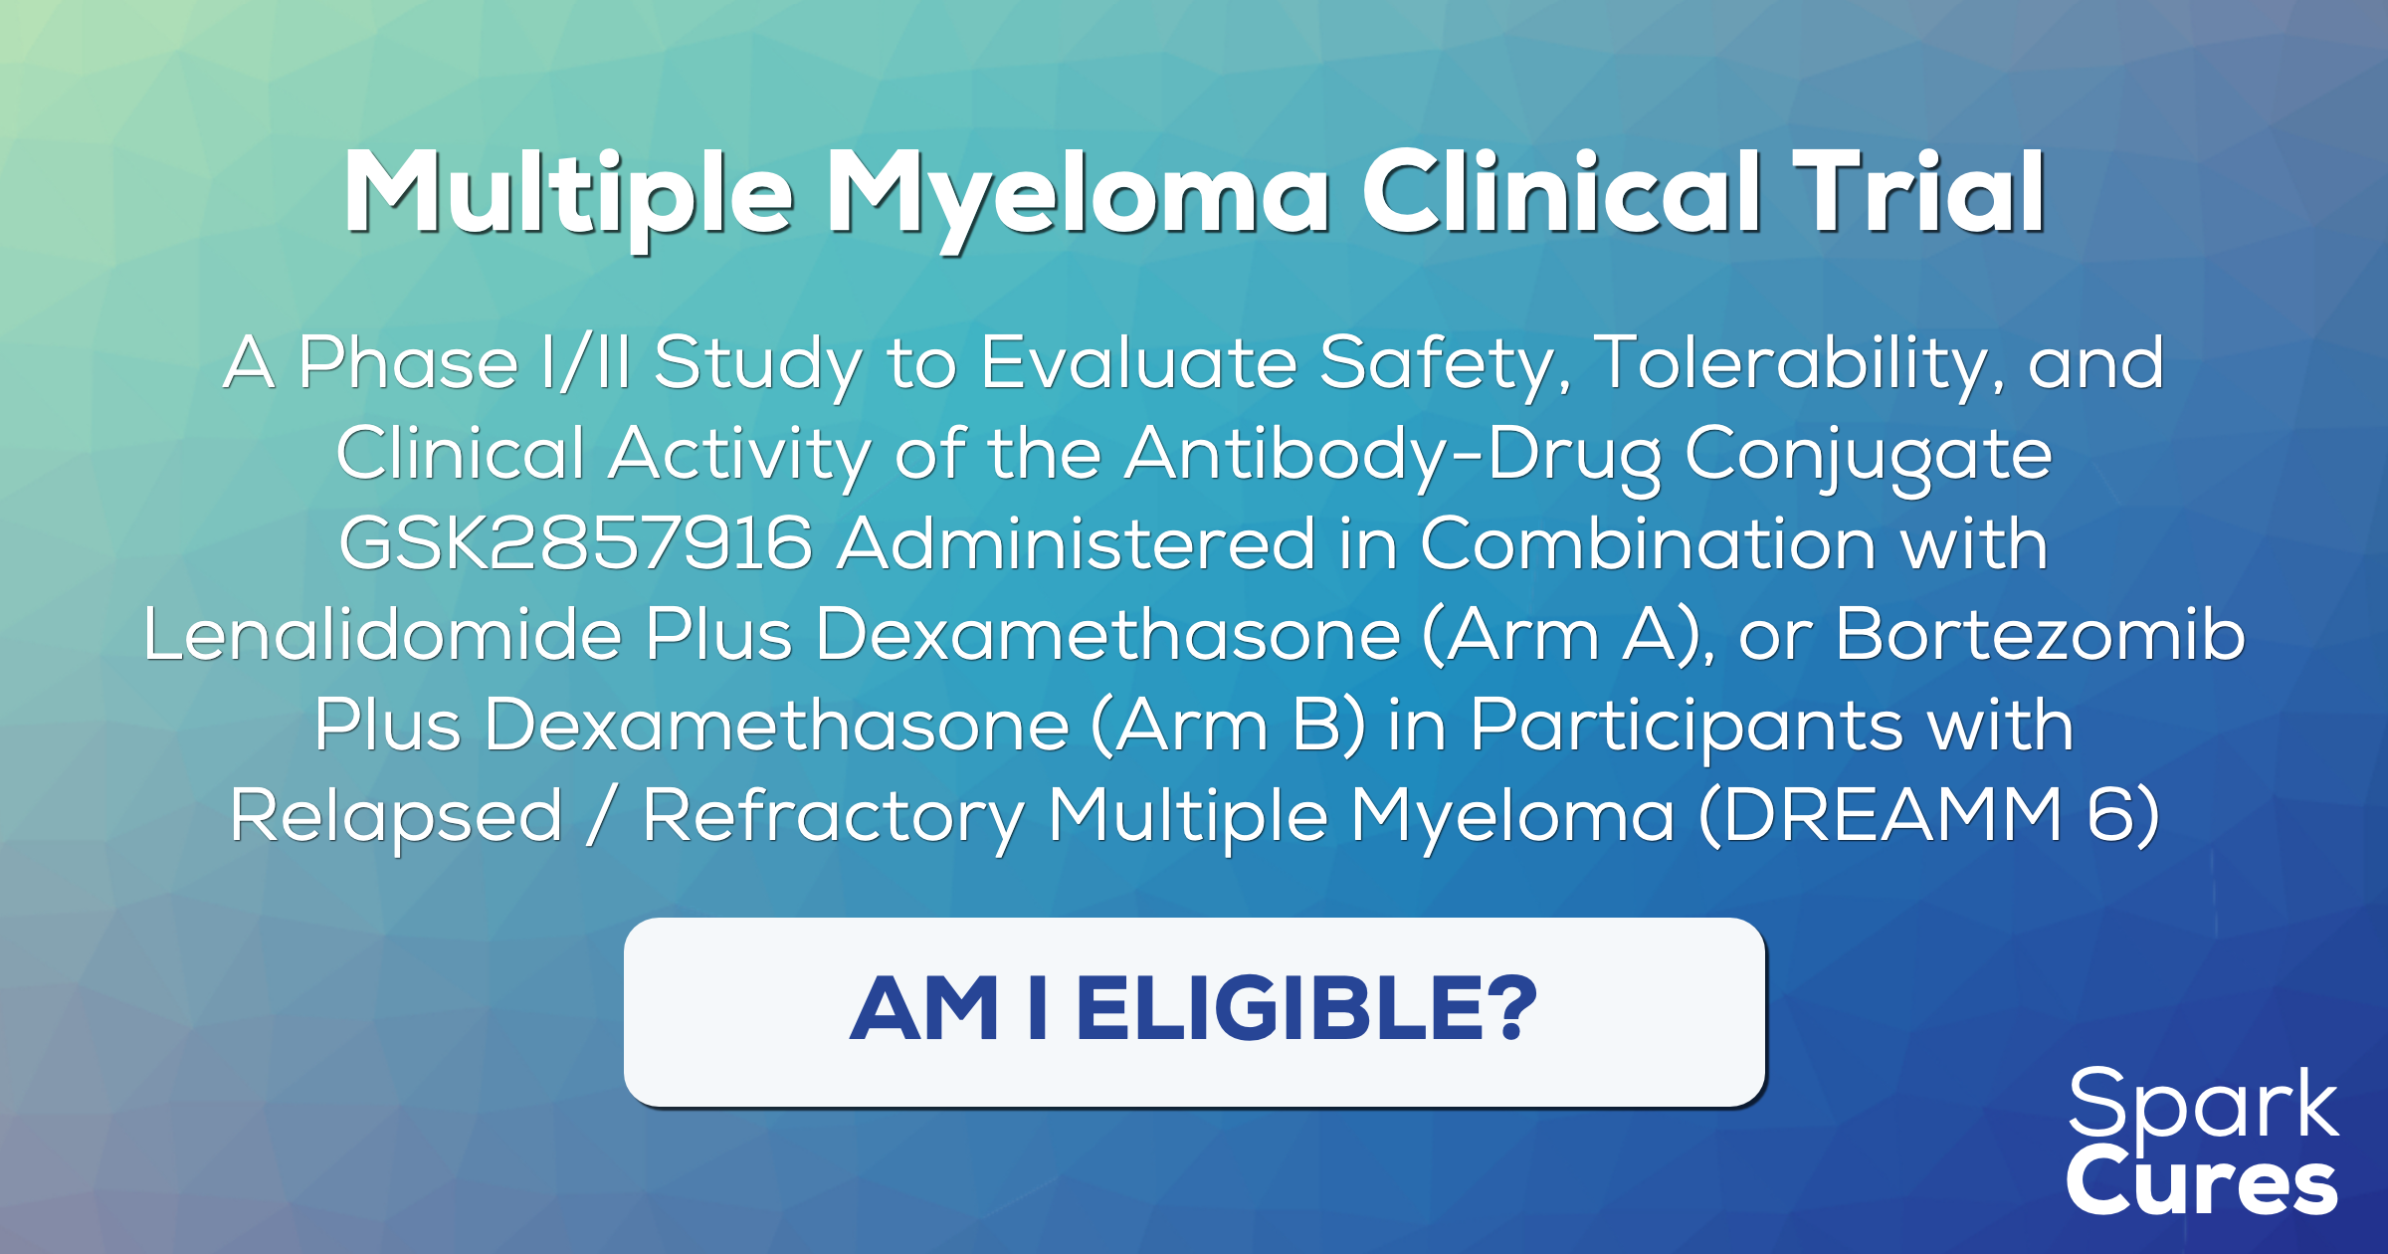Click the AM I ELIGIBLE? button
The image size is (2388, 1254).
coord(1194,1011)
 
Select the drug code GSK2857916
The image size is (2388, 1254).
coord(576,544)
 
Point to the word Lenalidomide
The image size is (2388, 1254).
coord(382,635)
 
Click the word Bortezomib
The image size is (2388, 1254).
coord(2040,635)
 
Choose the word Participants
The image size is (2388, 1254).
coord(1687,727)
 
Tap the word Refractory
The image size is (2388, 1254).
coord(833,817)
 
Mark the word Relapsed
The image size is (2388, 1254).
coord(396,817)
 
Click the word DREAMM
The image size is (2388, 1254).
coord(1890,817)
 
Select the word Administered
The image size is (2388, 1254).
coord(1077,544)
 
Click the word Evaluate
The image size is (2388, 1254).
coord(1139,362)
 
